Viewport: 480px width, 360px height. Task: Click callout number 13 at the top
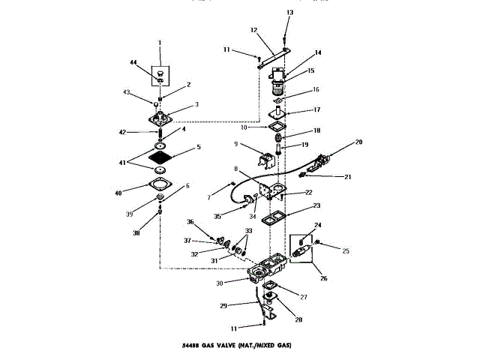pos(290,13)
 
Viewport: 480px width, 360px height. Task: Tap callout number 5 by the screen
pos(198,147)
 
